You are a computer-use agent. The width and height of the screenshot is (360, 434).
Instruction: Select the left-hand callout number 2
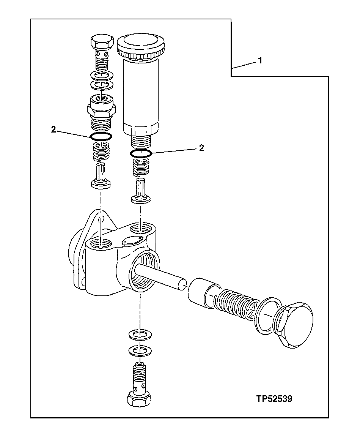coord(53,129)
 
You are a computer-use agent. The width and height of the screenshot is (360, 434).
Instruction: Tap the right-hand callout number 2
coord(201,148)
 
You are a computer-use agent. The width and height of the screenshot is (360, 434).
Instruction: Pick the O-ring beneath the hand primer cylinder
coord(141,154)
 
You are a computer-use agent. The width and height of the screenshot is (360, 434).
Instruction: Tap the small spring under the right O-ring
coord(141,167)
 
